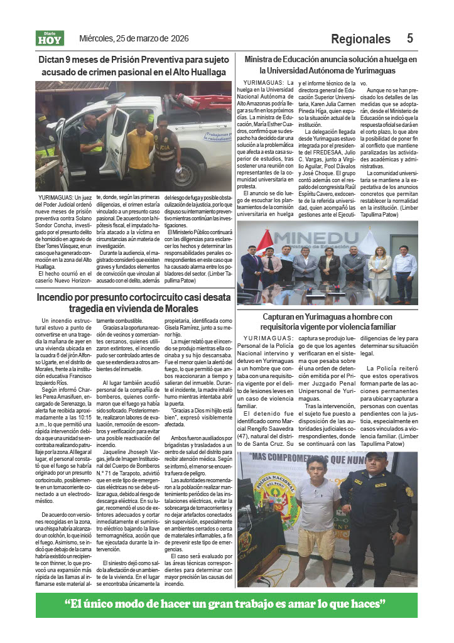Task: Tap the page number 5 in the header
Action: pyautogui.click(x=409, y=38)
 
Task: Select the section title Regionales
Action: pyautogui.click(x=360, y=39)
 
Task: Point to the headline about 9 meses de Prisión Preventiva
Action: pyautogui.click(x=133, y=65)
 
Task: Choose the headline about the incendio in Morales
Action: pyautogui.click(x=133, y=303)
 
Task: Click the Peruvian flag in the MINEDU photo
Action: pyautogui.click(x=264, y=240)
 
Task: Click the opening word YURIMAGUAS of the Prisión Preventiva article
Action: pyautogui.click(x=54, y=198)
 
